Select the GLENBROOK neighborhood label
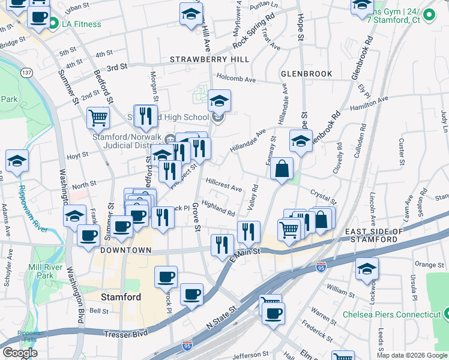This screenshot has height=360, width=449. coord(306,74)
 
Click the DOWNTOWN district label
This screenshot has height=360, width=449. coord(126,250)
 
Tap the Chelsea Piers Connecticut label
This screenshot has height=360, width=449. coord(391,314)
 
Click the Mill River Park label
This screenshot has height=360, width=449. coord(41,271)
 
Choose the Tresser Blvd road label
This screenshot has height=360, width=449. coord(125,334)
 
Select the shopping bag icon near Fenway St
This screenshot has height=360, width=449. coord(282,169)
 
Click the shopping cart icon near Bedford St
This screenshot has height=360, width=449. coord(98,118)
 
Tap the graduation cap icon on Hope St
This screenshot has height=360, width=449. coord(301,142)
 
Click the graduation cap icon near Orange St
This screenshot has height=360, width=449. coord(367,269)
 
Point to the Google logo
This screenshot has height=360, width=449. coord(20,353)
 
